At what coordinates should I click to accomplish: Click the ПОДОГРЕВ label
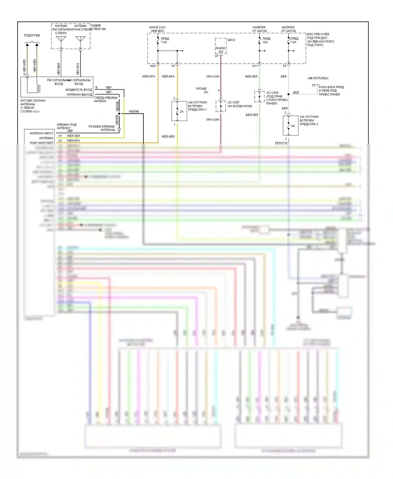tap(32, 35)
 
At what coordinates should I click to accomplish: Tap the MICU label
tap(231, 40)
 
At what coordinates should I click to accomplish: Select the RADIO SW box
tap(221, 50)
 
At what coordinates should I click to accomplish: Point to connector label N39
tap(153, 66)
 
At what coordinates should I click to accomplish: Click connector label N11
tap(255, 66)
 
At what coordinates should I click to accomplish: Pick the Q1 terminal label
tap(217, 56)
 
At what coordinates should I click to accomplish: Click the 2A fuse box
tap(179, 111)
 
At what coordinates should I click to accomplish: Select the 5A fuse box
tap(291, 126)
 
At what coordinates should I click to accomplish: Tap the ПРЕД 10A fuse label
tap(266, 40)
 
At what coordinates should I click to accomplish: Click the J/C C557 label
tap(233, 102)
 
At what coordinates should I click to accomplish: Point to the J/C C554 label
tap(272, 93)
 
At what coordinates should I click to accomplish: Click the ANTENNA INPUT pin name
tap(41, 133)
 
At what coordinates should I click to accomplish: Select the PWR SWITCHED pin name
tap(42, 143)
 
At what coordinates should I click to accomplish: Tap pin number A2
tap(60, 140)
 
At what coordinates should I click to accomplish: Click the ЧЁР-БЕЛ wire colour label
tap(58, 69)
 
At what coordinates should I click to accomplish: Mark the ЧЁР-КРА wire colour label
tap(78, 69)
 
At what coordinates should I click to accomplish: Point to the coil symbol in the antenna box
tap(38, 88)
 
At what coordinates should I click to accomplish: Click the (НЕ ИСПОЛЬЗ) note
tap(318, 78)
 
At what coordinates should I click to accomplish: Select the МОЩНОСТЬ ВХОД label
tap(79, 90)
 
